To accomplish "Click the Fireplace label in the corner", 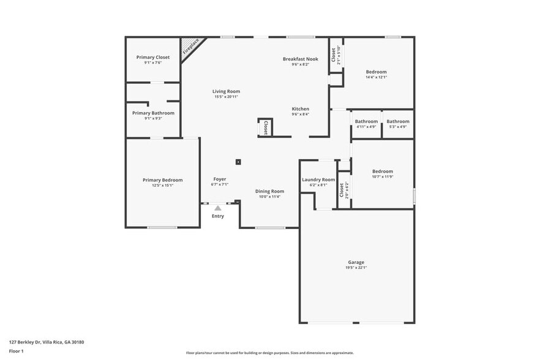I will click(x=191, y=47).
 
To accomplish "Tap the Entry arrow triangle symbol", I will click(x=217, y=208).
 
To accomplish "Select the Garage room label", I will click(x=356, y=262).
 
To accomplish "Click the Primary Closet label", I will click(x=152, y=58).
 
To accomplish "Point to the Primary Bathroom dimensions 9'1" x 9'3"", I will click(x=153, y=118).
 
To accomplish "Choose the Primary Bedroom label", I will click(x=162, y=180).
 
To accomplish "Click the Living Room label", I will click(x=226, y=91).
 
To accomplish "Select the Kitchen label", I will click(x=300, y=109).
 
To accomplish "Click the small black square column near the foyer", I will click(x=238, y=162).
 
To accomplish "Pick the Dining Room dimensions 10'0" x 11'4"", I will click(x=269, y=197).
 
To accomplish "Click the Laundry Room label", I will click(x=318, y=179).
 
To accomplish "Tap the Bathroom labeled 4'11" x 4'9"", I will click(x=367, y=121).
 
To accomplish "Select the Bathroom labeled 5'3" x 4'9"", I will click(x=397, y=121).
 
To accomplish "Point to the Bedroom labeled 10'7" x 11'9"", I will click(x=383, y=171).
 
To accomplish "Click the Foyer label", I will click(x=219, y=179).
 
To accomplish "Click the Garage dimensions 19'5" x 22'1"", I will click(x=356, y=268).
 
